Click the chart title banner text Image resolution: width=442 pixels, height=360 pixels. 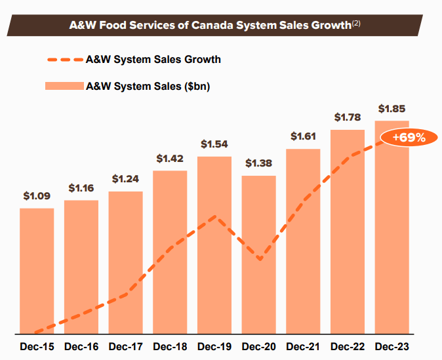click(210, 26)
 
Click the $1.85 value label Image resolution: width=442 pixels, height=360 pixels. click(392, 109)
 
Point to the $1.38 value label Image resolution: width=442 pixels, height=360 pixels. click(258, 163)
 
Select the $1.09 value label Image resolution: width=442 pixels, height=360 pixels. click(37, 195)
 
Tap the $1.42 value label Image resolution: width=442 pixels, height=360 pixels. click(170, 158)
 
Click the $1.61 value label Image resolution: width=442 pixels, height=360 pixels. click(303, 136)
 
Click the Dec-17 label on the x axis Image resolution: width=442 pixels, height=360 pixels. click(125, 346)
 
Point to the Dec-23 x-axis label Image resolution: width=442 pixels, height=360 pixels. click(392, 346)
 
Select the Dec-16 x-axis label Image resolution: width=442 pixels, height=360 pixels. click(81, 346)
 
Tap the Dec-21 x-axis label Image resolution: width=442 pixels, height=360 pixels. click(303, 346)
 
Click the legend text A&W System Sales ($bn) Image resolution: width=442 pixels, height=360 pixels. click(148, 86)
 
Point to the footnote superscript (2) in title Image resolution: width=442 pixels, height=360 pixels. click(356, 23)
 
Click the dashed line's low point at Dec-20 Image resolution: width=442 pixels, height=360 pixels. click(260, 259)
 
